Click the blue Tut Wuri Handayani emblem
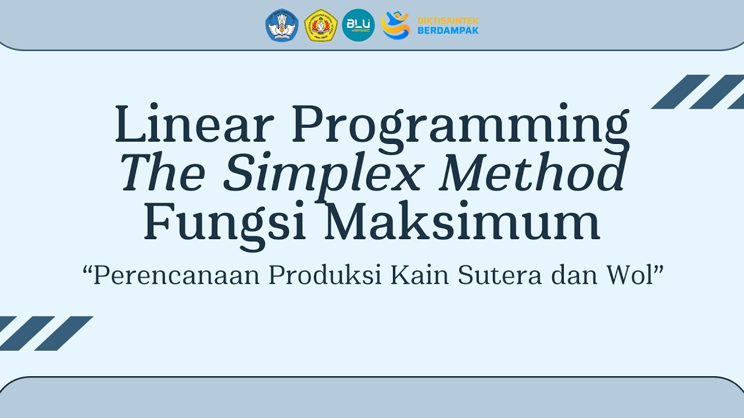coord(282,26)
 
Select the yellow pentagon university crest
coord(321,26)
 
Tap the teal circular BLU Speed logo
coord(358,26)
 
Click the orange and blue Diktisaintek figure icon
coord(395,26)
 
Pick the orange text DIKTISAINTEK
coord(448,21)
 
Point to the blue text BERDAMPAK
coord(448,30)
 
